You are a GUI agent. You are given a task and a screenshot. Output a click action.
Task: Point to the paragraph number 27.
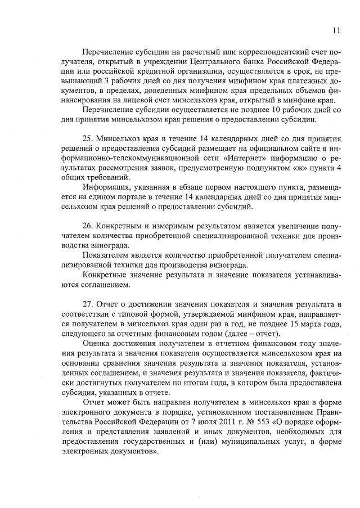pos(88,304)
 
